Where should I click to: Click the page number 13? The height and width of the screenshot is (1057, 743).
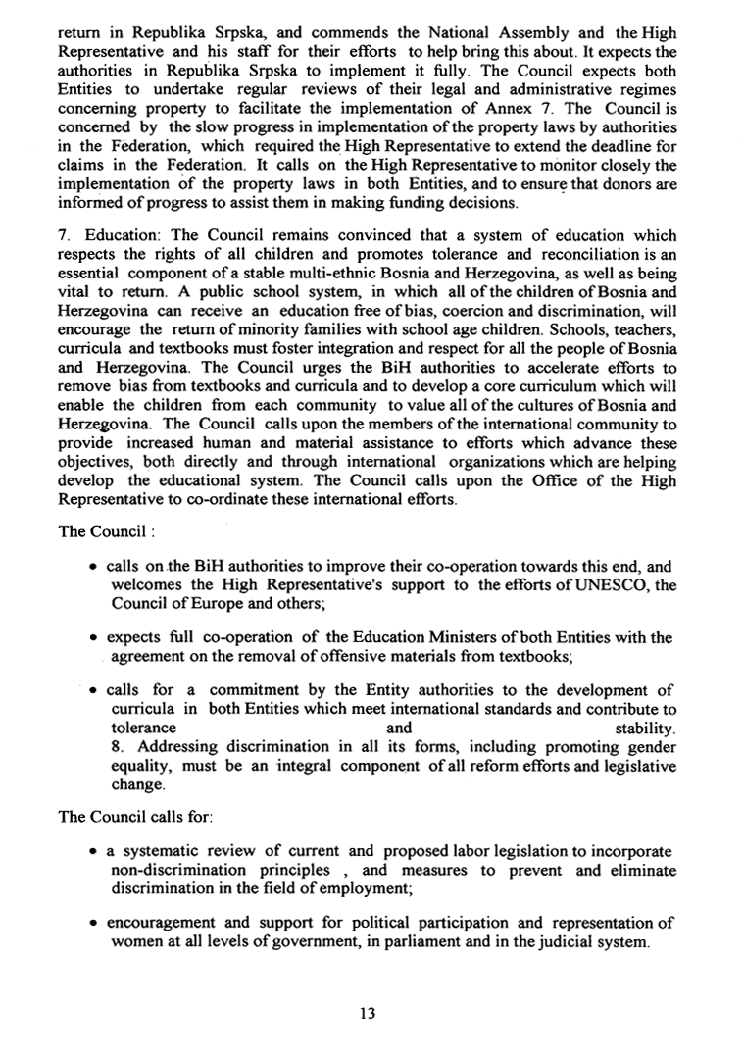click(x=369, y=1013)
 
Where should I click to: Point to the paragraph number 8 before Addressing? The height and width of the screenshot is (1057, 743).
click(x=111, y=747)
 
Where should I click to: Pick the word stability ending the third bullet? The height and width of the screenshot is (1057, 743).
click(x=644, y=729)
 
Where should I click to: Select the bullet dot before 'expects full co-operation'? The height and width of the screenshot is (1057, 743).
click(x=91, y=638)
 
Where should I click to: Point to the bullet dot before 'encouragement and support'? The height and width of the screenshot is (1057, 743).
click(x=91, y=925)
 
